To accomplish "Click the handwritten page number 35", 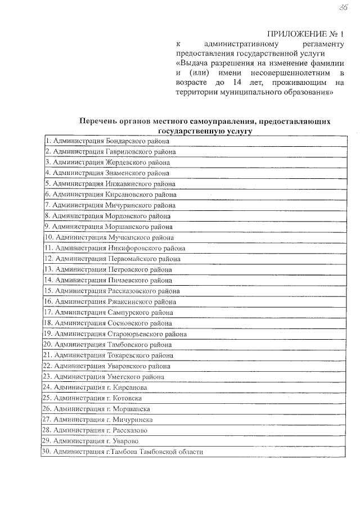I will click(x=342, y=6).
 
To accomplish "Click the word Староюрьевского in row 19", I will click(x=137, y=334).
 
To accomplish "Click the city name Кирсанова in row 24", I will click(x=132, y=388).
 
